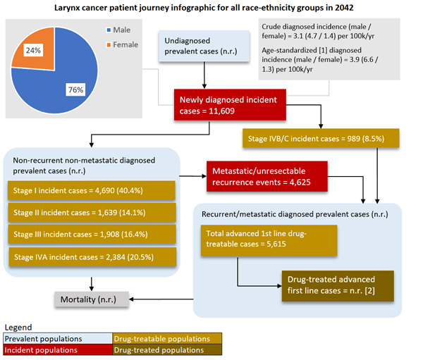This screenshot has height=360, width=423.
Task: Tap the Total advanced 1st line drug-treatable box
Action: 269,238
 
